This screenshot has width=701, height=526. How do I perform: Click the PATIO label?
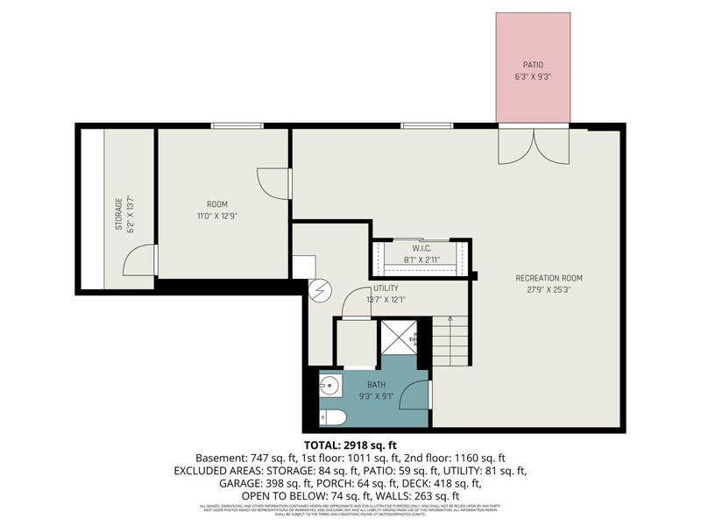pos(533,64)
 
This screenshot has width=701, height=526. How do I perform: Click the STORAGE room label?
pos(118,215)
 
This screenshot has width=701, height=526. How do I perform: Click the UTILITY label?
pos(386,288)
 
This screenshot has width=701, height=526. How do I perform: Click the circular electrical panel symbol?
pos(318,289)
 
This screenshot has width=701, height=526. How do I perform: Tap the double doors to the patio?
pos(533,145)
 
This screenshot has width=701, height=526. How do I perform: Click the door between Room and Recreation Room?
pos(274,182)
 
